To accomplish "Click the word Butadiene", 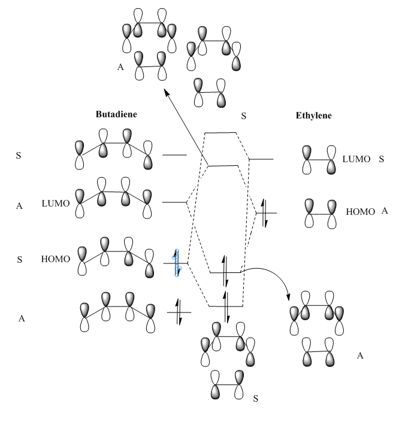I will pyautogui.click(x=116, y=114).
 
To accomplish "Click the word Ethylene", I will pyautogui.click(x=313, y=115).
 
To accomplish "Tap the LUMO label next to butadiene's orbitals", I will pyautogui.click(x=56, y=204).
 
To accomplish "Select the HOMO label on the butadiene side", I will pyautogui.click(x=56, y=259).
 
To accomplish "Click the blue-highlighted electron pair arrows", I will pyautogui.click(x=177, y=263).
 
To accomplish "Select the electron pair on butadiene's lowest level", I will pyautogui.click(x=179, y=312).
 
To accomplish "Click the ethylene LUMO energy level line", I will pyautogui.click(x=261, y=159).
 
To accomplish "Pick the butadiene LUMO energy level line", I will pyautogui.click(x=174, y=202).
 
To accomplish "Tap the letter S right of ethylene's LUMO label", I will pyautogui.click(x=381, y=159).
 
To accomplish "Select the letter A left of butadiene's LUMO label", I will pyautogui.click(x=20, y=205).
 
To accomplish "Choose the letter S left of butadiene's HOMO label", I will pyautogui.click(x=20, y=260).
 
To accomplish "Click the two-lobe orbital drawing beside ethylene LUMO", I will pyautogui.click(x=319, y=160).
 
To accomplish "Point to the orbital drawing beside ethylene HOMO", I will pyautogui.click(x=319, y=213).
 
